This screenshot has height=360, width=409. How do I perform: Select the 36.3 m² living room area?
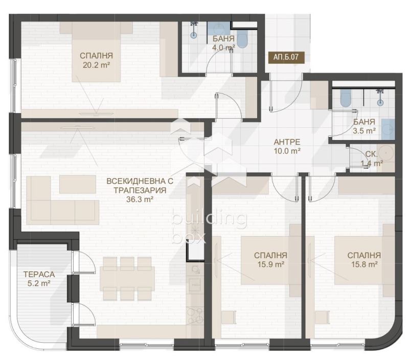140,199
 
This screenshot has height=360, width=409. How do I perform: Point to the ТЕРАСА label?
38,274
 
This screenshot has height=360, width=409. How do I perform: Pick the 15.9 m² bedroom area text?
270,264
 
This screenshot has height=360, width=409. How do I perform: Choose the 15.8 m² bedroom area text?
363,264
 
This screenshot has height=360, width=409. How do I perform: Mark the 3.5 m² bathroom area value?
364,131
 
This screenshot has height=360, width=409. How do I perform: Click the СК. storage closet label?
371,154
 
